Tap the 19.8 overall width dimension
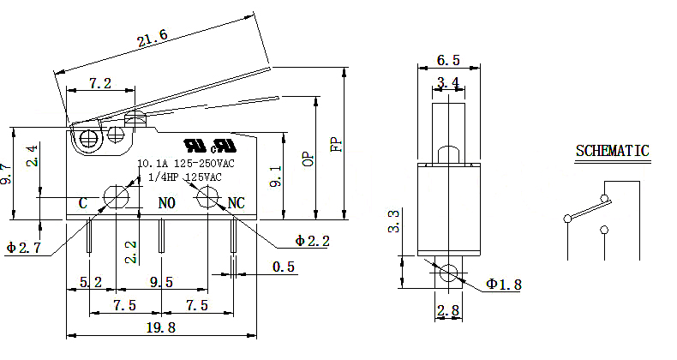(161, 327)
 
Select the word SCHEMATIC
(612, 152)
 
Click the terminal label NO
(167, 203)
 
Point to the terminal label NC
(236, 203)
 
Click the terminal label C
(83, 203)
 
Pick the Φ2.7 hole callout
(24, 248)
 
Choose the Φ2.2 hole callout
(312, 241)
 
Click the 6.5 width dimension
(448, 60)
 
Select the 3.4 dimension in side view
(448, 82)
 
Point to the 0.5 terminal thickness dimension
(285, 267)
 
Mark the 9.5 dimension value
(161, 281)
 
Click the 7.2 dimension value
(101, 83)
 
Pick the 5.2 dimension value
(92, 281)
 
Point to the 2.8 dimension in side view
(448, 310)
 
